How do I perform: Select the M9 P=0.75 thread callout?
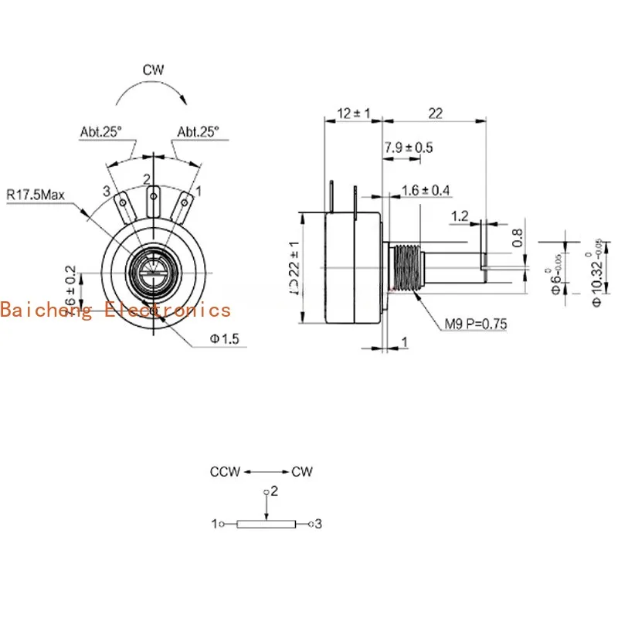click(x=475, y=324)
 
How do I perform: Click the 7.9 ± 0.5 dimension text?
click(x=409, y=148)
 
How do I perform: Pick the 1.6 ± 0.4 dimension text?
click(x=426, y=190)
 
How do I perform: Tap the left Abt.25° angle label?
click(x=101, y=132)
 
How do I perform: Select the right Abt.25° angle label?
click(x=199, y=132)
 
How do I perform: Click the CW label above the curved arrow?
click(x=153, y=70)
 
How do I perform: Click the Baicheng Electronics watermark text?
click(x=116, y=310)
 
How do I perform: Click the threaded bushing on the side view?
click(x=406, y=267)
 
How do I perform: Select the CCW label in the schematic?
click(x=225, y=471)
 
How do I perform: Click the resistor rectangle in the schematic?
click(x=266, y=525)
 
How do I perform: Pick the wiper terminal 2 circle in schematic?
click(x=267, y=491)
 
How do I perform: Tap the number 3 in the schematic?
click(x=317, y=525)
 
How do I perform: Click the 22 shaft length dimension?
click(x=435, y=114)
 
